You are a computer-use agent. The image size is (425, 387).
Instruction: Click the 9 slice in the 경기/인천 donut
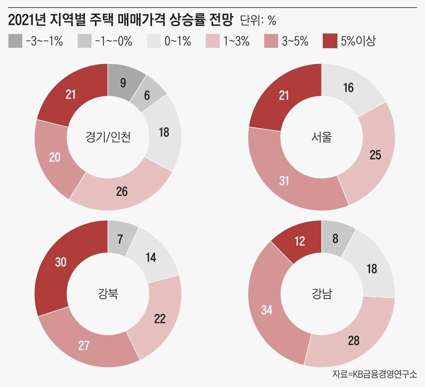pos(123,83)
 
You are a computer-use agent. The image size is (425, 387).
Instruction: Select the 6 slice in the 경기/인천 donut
pos(147,96)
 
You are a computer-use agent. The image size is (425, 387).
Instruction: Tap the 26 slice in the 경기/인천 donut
pos(122,192)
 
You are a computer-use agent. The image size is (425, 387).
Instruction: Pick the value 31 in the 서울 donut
pos(284,181)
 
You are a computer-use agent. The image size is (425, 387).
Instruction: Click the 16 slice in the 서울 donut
pos(348,88)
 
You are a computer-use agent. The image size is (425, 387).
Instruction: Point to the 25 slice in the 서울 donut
pos(375,155)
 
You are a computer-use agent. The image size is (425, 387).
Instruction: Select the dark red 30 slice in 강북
pos(61,263)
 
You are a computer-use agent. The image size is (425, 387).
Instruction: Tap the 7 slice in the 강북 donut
pos(120,239)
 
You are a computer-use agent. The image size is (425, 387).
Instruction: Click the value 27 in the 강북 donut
pos(84,346)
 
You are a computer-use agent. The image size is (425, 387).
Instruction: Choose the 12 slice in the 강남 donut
pos(299,241)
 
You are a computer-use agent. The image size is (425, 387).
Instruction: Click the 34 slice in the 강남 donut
pos(267,310)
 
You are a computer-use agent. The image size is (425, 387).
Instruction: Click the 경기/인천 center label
pos(108,137)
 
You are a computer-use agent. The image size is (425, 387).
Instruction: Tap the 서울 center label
pos(322,137)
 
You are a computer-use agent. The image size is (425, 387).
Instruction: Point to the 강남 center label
pos(322,294)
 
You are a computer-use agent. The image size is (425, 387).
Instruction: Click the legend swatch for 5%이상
pos(329,41)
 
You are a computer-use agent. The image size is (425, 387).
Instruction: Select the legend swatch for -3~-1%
pos(15,41)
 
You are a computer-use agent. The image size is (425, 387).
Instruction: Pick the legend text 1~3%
pos(236,41)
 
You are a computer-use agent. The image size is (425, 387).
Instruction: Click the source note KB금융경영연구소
pos(375,374)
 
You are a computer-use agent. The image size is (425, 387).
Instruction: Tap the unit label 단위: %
pos(258,21)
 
